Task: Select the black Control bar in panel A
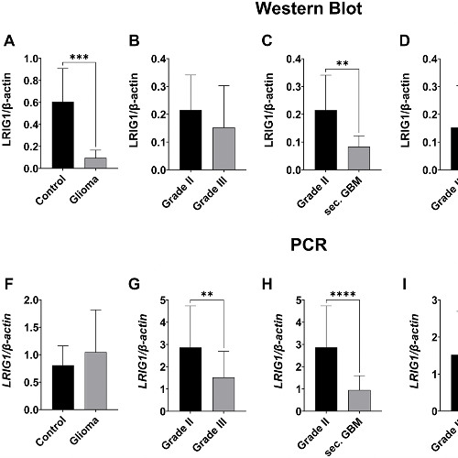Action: pos(62,135)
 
